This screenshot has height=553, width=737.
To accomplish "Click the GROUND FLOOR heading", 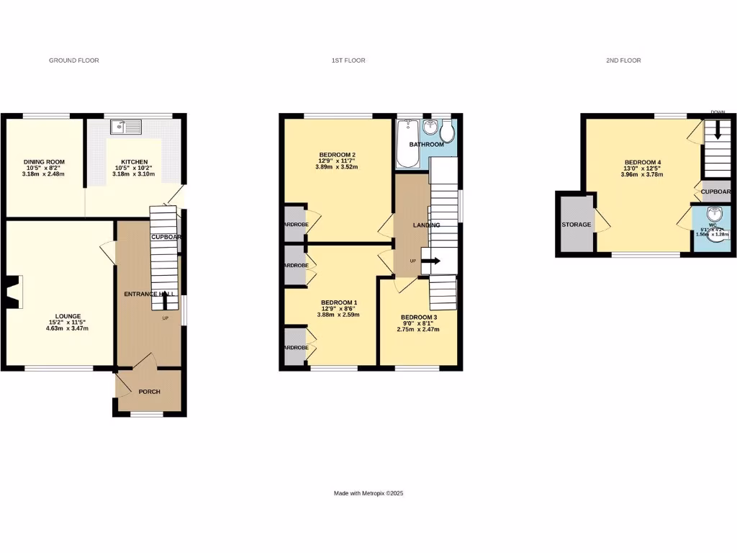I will pyautogui.click(x=73, y=60).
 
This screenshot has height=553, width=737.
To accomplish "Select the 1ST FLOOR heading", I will pyautogui.click(x=348, y=60).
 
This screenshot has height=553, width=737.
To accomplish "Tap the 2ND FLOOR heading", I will pyautogui.click(x=623, y=60).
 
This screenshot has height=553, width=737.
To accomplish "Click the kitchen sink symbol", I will pyautogui.click(x=127, y=127).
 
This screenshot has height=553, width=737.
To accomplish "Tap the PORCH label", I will pyautogui.click(x=149, y=392).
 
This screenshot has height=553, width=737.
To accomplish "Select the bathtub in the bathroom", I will pyautogui.click(x=409, y=143).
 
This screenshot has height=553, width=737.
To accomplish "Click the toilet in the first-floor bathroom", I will pyautogui.click(x=447, y=131).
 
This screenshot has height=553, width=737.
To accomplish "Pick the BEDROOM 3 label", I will pyautogui.click(x=418, y=318).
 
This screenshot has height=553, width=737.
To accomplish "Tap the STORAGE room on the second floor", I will pyautogui.click(x=576, y=225).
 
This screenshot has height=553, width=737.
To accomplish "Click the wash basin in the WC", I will pyautogui.click(x=713, y=214).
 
